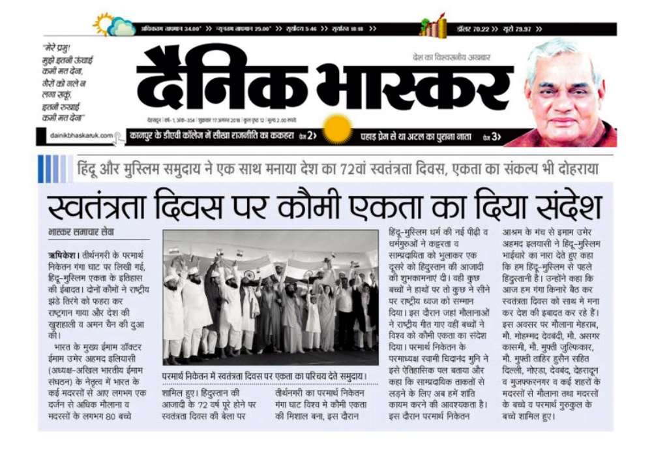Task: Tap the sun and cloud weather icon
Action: click(x=113, y=25)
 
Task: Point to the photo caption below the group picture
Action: click(x=271, y=377)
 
